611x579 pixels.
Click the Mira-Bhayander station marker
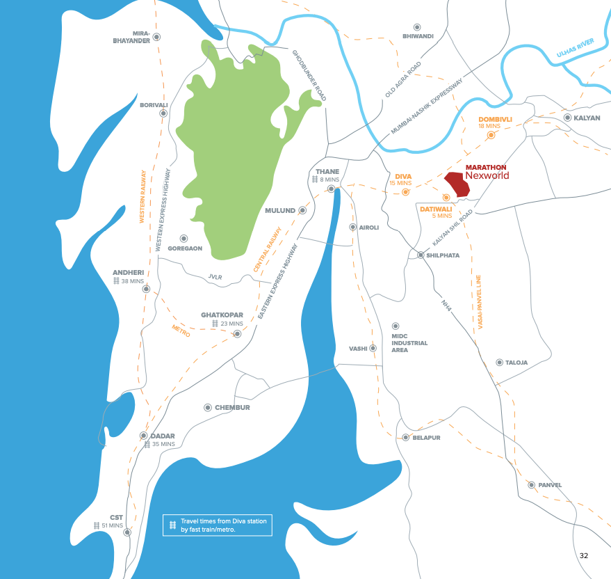157,37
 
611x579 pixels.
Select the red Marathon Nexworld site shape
457,184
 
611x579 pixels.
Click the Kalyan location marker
567,118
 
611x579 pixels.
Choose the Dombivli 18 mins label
495,122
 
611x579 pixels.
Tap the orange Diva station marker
406,191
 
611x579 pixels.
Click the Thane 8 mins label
327,175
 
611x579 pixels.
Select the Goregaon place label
185,248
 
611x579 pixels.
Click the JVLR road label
215,276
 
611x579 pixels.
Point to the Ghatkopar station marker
237,334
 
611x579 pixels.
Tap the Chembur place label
232,407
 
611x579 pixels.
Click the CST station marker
127,532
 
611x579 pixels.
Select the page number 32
584,555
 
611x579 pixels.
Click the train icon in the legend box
172,525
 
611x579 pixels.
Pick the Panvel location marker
532,485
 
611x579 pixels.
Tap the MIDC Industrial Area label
409,342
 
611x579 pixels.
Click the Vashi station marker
373,348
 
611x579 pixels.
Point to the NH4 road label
446,304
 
